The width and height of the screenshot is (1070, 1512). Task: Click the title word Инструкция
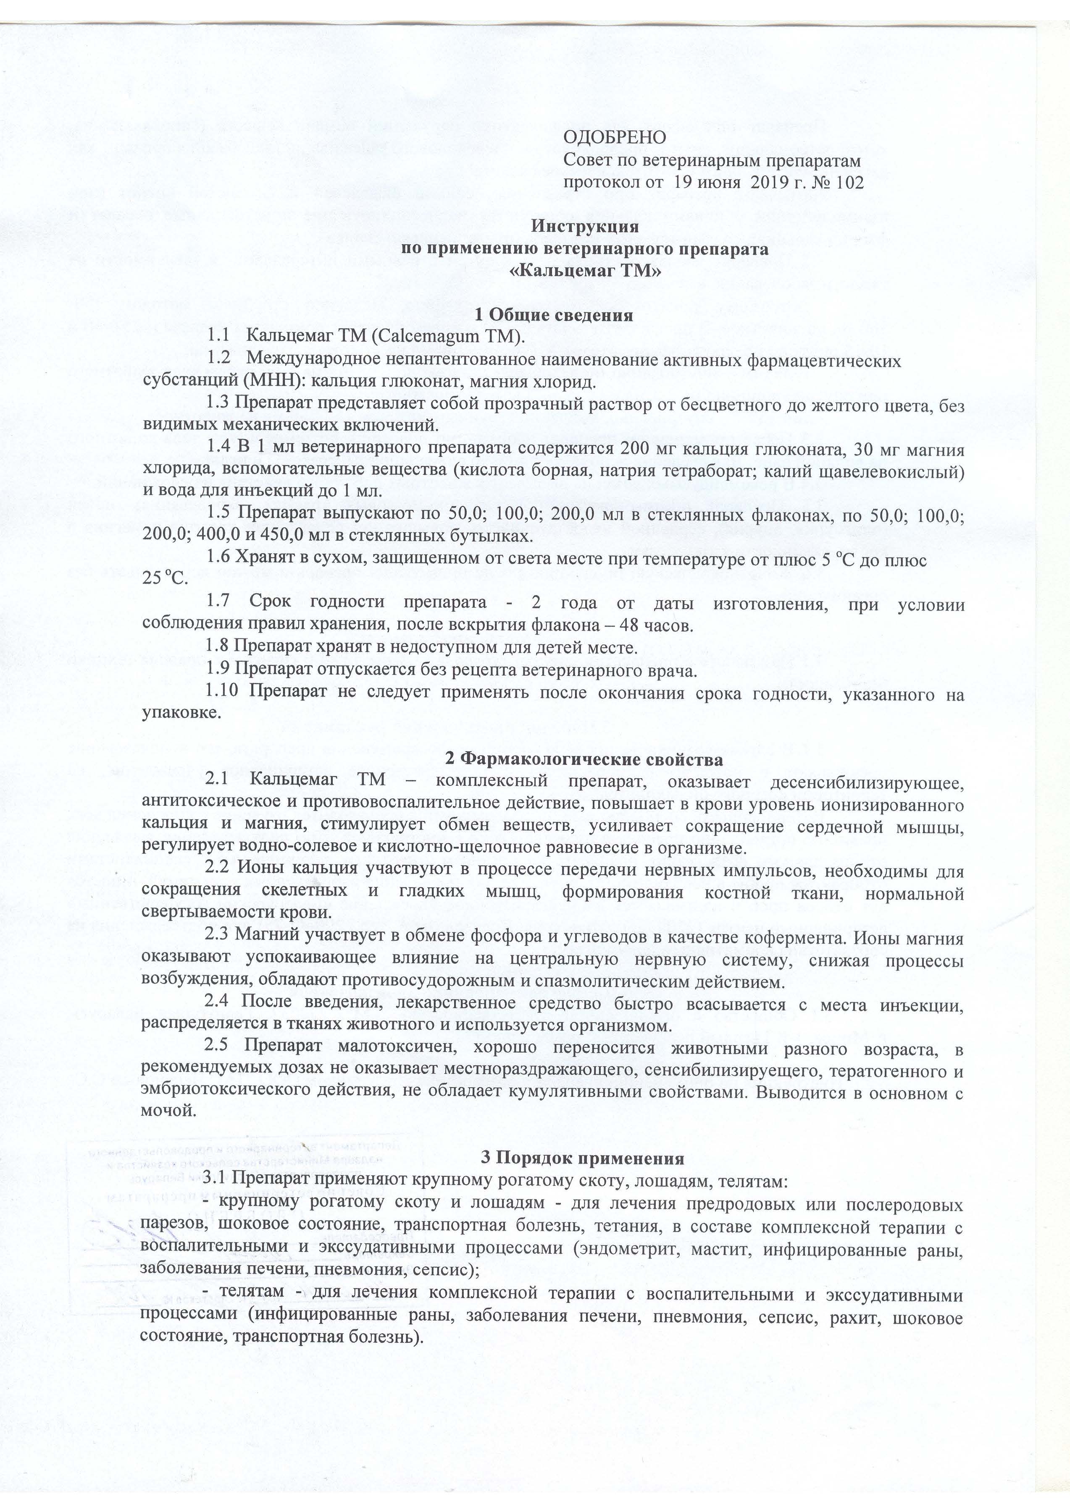[585, 227]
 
